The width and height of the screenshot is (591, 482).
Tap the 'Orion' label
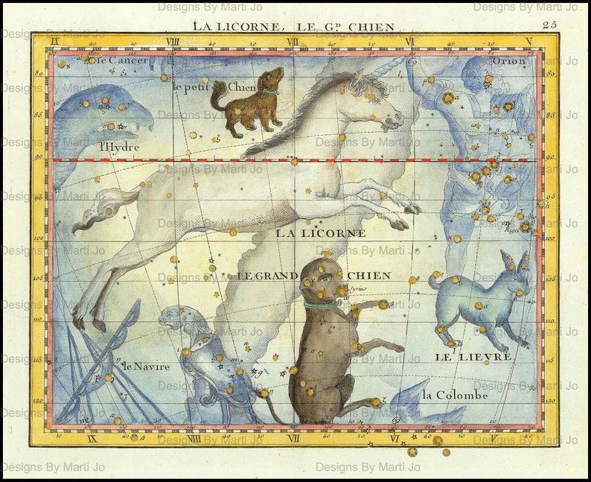(509, 60)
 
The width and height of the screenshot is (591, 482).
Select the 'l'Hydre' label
(120, 147)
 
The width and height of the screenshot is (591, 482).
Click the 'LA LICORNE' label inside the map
(321, 233)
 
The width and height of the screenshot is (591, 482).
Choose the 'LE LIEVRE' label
(473, 357)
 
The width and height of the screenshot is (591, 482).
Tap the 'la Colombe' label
(454, 395)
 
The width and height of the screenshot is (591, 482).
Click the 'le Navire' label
(147, 366)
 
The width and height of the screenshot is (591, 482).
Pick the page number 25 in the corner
(549, 25)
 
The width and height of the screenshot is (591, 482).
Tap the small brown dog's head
(272, 78)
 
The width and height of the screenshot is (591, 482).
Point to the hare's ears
(515, 261)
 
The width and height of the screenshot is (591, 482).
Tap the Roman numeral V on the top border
(528, 42)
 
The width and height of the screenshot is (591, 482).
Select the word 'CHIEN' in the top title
(369, 28)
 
